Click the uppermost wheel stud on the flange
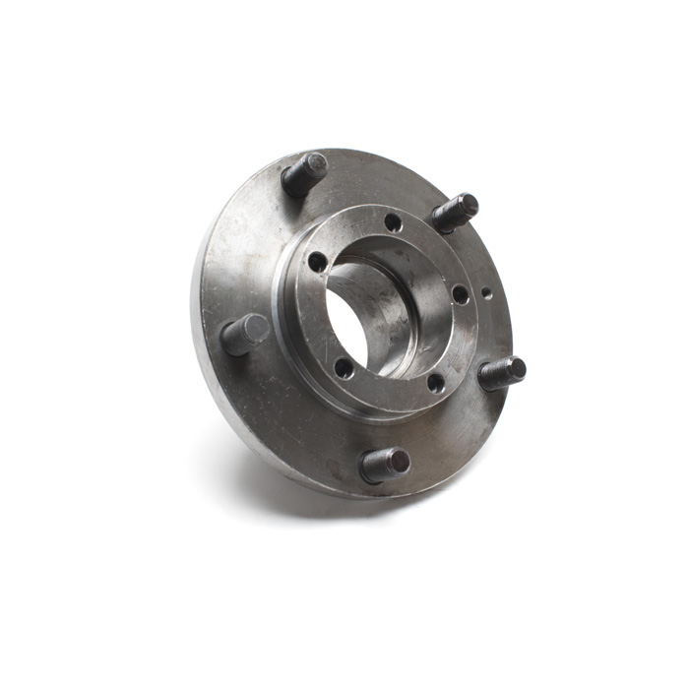304,174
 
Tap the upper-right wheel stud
454,213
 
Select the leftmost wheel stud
244,334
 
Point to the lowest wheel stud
385,464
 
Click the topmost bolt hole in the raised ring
393,222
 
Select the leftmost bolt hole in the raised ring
317,262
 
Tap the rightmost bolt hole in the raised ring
459,293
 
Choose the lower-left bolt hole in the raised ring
344,368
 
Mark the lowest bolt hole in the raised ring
435,382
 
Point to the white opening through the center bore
346,325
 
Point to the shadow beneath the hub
295,492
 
